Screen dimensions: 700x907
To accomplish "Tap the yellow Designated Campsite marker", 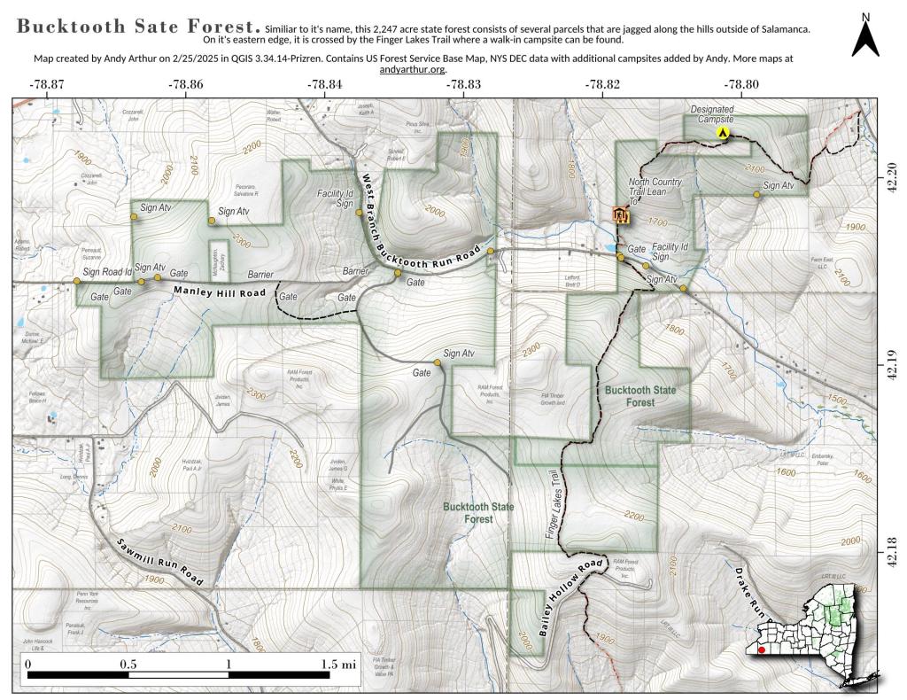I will coord(722,133).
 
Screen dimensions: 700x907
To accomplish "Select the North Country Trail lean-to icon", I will coord(622,214).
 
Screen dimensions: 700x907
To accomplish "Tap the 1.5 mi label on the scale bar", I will coord(338,663).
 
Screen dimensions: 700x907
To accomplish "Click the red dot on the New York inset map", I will coord(761,650).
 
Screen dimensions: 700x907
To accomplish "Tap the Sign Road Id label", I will coord(107,271).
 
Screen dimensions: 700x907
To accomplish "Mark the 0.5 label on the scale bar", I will coord(128,663).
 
